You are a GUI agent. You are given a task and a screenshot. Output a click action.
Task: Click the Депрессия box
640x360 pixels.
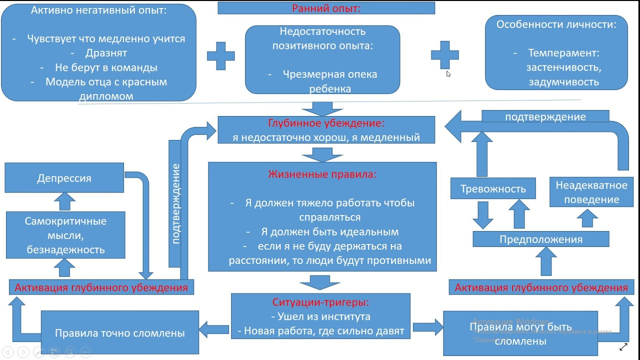pyautogui.click(x=64, y=178)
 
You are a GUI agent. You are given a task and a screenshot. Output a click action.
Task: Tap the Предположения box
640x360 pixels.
pyautogui.click(x=541, y=239)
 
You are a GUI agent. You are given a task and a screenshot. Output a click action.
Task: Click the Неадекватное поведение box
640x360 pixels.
pyautogui.click(x=591, y=192)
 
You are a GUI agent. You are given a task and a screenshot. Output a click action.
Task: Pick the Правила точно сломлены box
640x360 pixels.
pyautogui.click(x=119, y=333)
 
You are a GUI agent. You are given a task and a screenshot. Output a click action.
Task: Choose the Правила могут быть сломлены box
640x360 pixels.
pyautogui.click(x=520, y=334)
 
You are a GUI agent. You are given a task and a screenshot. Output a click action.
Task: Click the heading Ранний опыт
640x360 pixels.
pyautogui.click(x=326, y=8)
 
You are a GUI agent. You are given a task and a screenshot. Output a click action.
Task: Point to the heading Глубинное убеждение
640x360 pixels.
pyautogui.click(x=326, y=123)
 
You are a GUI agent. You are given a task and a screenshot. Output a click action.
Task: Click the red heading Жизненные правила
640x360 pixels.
pyautogui.click(x=322, y=174)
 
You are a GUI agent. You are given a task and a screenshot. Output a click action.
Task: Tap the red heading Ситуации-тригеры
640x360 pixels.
pyautogui.click(x=320, y=302)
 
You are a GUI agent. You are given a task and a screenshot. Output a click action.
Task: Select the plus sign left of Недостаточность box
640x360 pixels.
pyautogui.click(x=220, y=56)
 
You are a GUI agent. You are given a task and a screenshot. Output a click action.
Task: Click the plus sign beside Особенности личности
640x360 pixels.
pyautogui.click(x=444, y=55)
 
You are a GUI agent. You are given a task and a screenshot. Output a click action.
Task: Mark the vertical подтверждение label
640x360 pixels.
pyautogui.click(x=175, y=203)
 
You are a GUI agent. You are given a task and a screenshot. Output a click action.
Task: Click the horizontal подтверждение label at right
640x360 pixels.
pyautogui.click(x=545, y=116)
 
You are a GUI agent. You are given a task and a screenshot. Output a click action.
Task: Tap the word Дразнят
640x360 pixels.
pyautogui.click(x=106, y=53)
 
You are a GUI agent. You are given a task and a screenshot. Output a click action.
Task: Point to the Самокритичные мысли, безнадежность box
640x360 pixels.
pyautogui.click(x=65, y=235)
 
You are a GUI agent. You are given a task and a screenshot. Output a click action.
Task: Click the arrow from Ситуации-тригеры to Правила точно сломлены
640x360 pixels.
pyautogui.click(x=214, y=329)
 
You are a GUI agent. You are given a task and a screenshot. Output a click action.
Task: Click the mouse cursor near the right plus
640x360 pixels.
pyautogui.click(x=448, y=74)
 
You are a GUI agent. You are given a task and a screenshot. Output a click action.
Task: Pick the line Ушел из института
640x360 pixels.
pyautogui.click(x=320, y=316)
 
